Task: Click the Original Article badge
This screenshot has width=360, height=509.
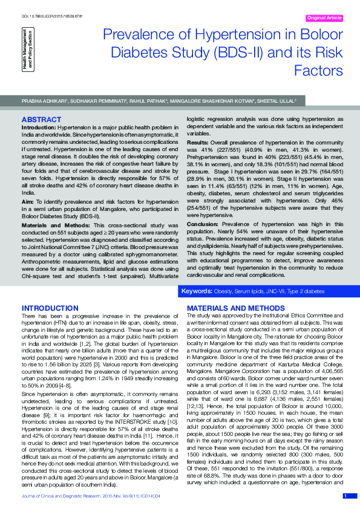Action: coord(325,18)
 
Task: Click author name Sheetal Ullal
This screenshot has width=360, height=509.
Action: coord(277,101)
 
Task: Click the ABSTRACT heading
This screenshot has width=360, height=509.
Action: coord(41,119)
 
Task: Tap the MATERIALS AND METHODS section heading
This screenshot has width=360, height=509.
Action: coord(228,308)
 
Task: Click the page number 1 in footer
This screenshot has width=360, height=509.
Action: coord(345,496)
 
